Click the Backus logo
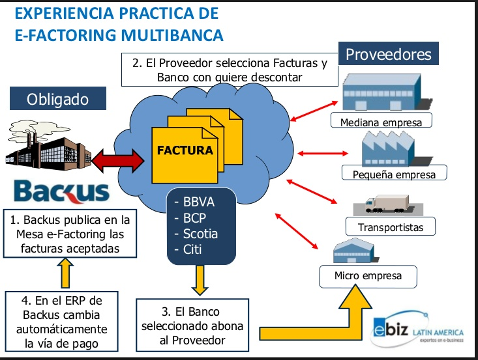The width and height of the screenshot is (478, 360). tap(61, 191)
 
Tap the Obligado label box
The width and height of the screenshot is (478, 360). tap(57, 100)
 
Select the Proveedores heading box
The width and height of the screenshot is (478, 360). tap(388, 53)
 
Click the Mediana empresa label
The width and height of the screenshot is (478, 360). tap(390, 122)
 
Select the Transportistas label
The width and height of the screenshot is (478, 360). tap(390, 227)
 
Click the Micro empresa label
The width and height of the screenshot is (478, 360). tap(368, 276)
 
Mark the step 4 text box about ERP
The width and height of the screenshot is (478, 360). tap(64, 322)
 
